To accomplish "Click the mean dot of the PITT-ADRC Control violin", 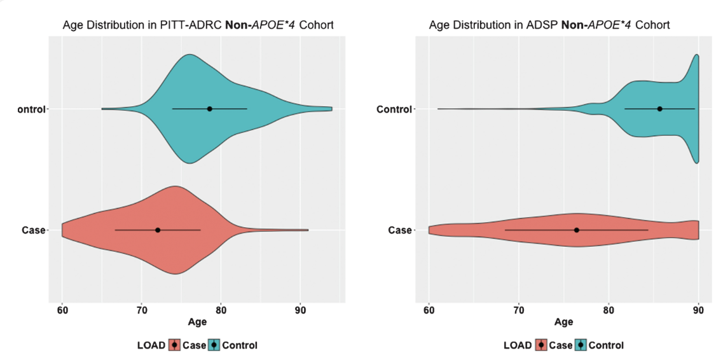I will (209, 109).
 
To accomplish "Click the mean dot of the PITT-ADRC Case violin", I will (158, 230).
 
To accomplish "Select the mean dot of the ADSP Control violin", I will (659, 109).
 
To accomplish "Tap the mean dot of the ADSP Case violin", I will (576, 230).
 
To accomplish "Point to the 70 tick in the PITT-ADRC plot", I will (141, 310).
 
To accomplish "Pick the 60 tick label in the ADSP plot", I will (429, 310).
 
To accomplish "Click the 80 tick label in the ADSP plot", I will (609, 310).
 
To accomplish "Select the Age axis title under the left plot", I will (197, 322).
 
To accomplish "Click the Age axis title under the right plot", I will (563, 322).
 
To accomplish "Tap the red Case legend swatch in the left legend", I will (174, 345).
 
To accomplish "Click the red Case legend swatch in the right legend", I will (540, 345).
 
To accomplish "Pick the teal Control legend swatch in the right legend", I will (581, 345).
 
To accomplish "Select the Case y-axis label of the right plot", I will (399, 230).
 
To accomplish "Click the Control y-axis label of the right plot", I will (394, 109).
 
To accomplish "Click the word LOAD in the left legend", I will (151, 345).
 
